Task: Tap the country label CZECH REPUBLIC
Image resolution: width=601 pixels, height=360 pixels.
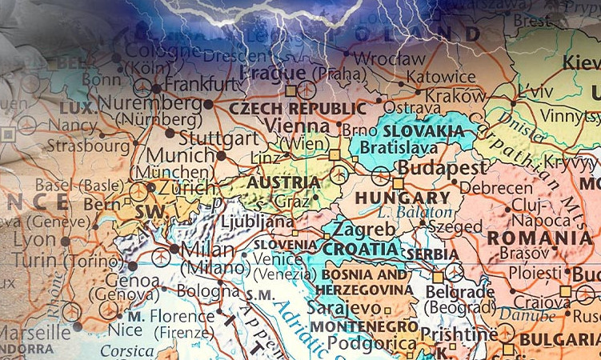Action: pos(298,108)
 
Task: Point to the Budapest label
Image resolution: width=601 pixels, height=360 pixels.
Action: pos(442,169)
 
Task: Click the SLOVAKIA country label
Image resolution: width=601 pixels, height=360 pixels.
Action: pos(422,130)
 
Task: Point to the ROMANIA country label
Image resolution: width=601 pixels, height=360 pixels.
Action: pos(539,238)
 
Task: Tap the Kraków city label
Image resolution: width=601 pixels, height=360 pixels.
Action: pos(455,95)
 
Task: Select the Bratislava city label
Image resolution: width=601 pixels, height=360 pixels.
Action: pos(398,147)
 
